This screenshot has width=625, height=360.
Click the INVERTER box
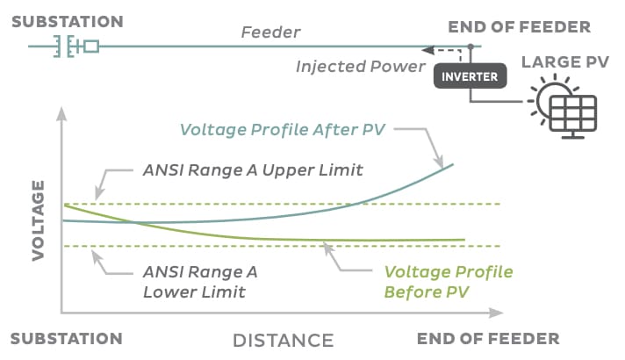click(470, 76)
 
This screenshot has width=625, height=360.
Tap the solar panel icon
click(573, 117)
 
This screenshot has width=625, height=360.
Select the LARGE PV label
click(565, 62)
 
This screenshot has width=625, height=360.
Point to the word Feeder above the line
click(270, 32)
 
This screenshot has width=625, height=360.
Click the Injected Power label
click(361, 66)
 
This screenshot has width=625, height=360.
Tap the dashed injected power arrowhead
click(427, 50)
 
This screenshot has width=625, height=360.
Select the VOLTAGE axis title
click(38, 220)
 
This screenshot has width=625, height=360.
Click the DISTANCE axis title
click(284, 341)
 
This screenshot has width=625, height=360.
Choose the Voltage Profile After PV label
click(282, 130)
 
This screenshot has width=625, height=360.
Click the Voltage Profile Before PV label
click(449, 282)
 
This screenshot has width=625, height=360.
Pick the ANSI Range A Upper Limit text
click(253, 170)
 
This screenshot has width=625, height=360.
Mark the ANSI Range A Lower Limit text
click(200, 282)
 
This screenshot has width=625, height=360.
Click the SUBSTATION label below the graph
click(67, 339)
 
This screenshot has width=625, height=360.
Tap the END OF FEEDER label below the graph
click(488, 339)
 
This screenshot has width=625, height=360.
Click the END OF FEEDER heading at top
click(520, 27)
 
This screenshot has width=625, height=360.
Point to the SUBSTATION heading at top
click(68, 22)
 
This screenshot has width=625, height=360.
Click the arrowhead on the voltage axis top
click(61, 113)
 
